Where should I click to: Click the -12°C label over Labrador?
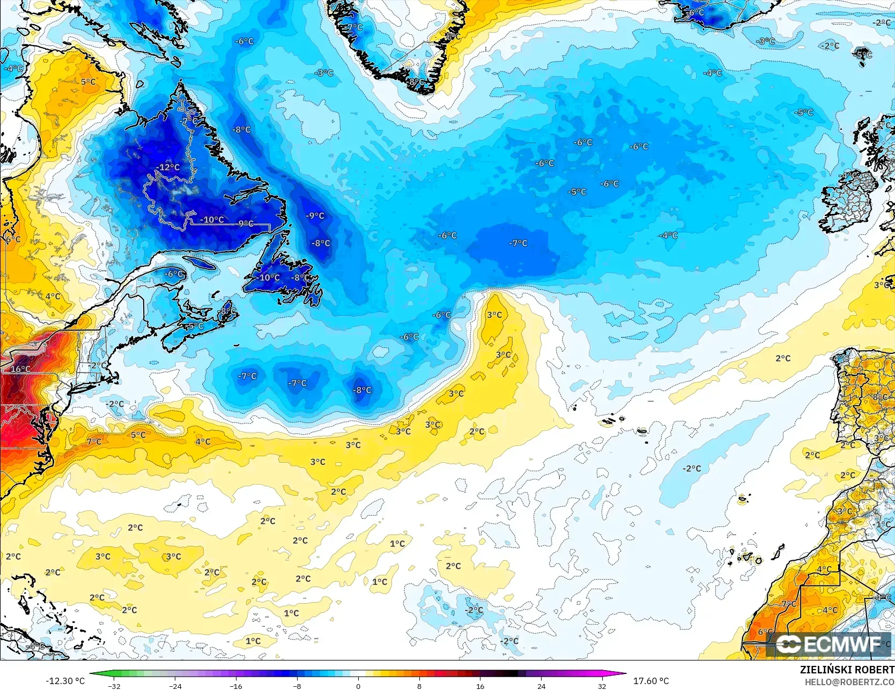pos(168,167)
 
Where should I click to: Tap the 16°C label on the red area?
pos(20,369)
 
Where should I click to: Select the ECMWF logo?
pos(829,644)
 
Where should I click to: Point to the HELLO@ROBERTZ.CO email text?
pos(849,681)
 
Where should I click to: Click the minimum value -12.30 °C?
pos(65,681)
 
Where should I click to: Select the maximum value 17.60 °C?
pos(651,681)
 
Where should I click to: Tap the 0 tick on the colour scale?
pos(358,686)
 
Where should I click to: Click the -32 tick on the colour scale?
pos(114,686)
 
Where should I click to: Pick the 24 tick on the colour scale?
pos(541,686)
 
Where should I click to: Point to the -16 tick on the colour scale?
pos(236,686)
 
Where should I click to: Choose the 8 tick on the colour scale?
pos(419,686)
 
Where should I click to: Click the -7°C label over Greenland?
pos(354,27)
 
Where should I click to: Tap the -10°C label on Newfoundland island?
pos(269,278)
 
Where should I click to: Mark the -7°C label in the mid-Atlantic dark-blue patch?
pos(518,243)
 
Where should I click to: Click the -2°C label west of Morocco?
pos(692,469)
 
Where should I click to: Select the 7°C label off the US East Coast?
pos(94,442)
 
